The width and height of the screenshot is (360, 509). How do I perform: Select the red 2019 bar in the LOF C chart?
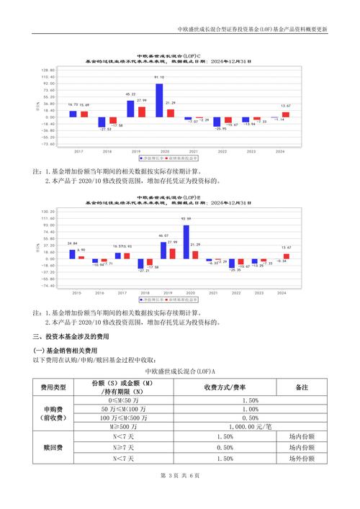(x=141, y=112)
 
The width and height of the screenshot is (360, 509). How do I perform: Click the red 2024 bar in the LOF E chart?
(x=286, y=256)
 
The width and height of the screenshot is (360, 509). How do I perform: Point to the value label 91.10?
(x=159, y=77)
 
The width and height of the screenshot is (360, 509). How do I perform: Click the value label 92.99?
(x=186, y=218)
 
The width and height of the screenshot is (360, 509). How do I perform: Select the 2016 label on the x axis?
(x=99, y=293)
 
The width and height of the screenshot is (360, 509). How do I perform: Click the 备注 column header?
(x=301, y=387)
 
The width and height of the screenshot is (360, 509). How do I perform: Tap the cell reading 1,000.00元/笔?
(x=250, y=426)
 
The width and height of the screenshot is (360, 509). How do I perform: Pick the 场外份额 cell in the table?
(x=301, y=459)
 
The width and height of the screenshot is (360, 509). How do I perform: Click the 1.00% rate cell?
(x=250, y=409)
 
